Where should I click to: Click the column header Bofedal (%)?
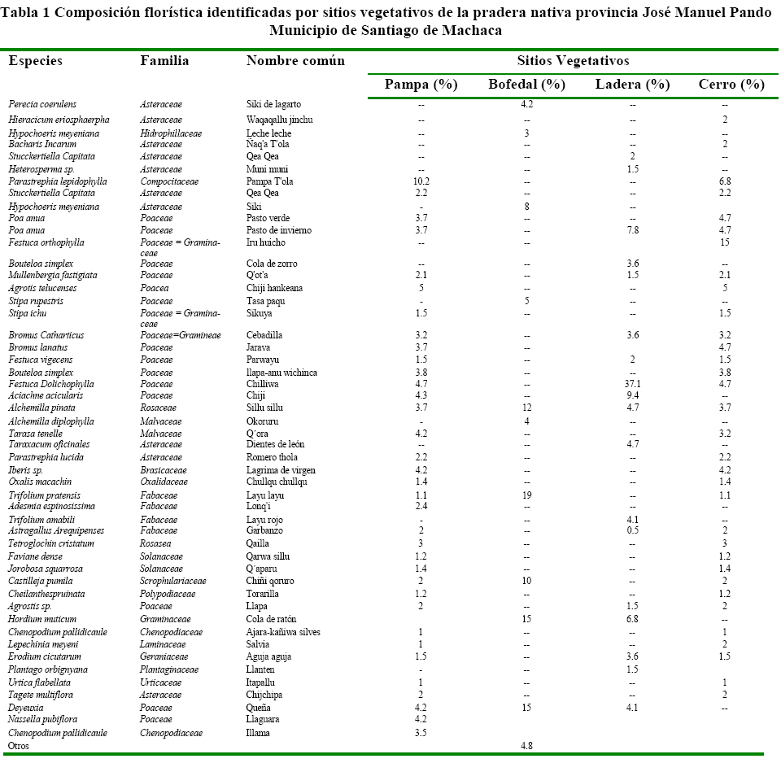point(526,85)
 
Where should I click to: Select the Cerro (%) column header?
point(731,85)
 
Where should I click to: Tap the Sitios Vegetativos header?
point(573,61)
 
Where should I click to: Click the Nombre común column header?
point(295,61)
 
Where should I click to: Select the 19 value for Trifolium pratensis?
point(526,495)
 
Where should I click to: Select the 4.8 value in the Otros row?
point(526,745)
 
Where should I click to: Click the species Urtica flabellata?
point(39,682)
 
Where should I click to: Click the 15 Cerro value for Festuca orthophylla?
point(724,242)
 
